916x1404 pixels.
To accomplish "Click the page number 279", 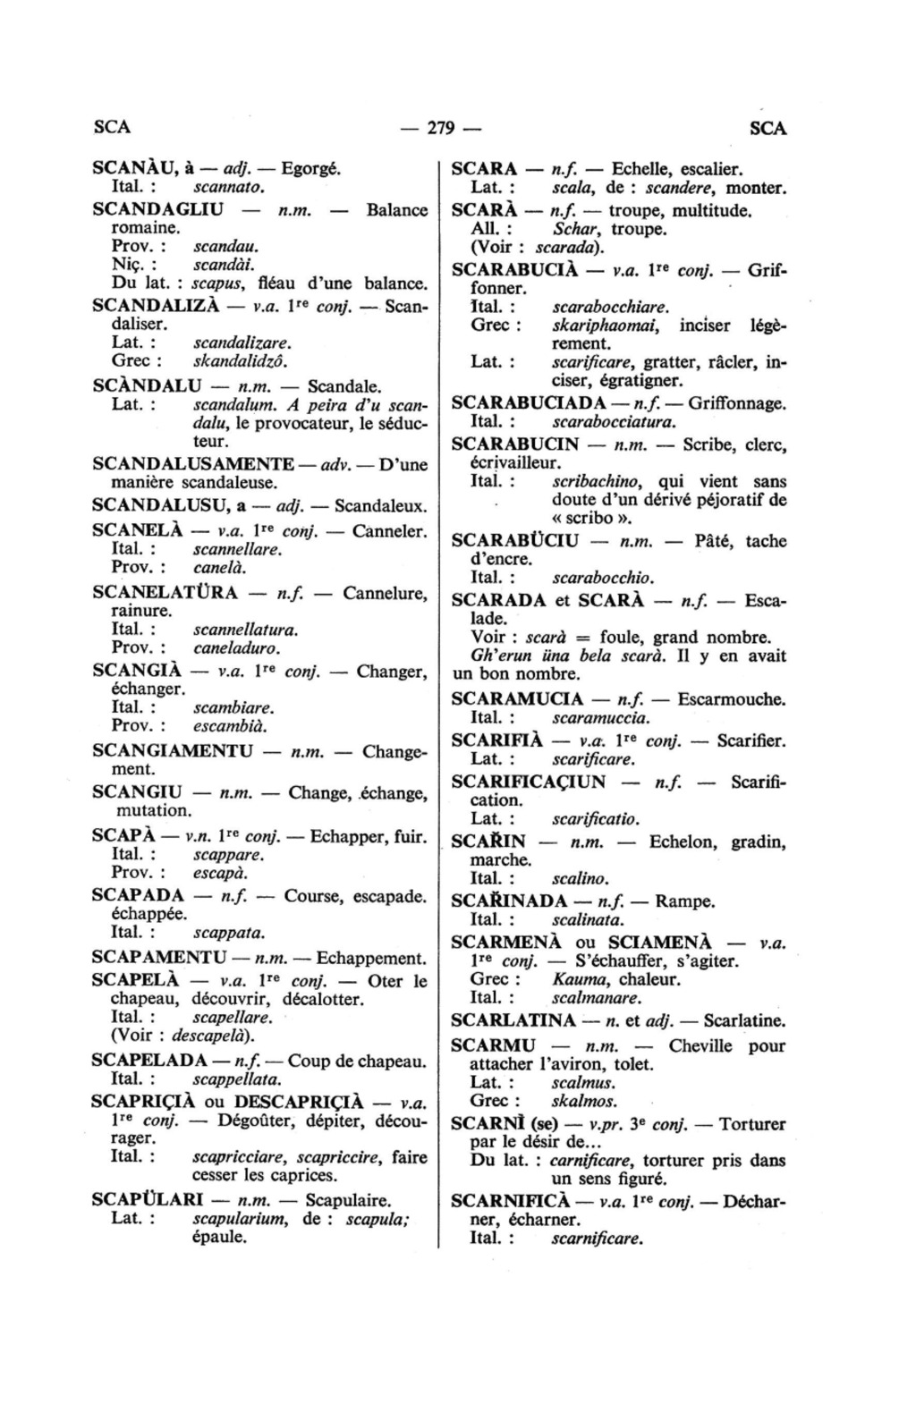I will [x=441, y=128].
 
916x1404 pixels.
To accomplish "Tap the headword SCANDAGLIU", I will [x=158, y=210].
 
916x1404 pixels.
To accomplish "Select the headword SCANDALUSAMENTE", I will [x=193, y=464].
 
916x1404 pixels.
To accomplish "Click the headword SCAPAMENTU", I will [x=159, y=958].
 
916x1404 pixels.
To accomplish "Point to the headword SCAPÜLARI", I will [x=148, y=1200].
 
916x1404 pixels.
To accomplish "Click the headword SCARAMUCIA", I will [x=518, y=699].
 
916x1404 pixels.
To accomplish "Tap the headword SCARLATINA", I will [x=513, y=1020].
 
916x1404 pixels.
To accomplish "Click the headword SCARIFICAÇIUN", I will [x=529, y=782].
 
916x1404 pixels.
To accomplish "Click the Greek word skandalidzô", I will [x=240, y=361].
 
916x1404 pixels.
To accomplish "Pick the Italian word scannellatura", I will [x=245, y=630].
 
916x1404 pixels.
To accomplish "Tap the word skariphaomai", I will [x=606, y=326].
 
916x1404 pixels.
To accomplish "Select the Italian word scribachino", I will [x=598, y=481].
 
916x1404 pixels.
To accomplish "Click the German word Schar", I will [x=573, y=230].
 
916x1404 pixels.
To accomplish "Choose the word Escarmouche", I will [x=732, y=699].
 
